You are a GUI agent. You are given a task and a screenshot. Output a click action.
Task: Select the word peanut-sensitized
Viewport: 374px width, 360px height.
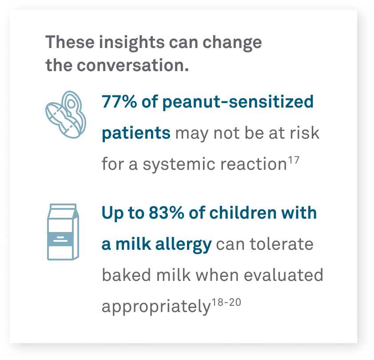coord(238,102)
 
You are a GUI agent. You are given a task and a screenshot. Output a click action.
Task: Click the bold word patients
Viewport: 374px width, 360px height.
coord(136,133)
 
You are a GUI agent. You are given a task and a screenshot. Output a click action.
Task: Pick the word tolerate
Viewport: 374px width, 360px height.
coord(282,244)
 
